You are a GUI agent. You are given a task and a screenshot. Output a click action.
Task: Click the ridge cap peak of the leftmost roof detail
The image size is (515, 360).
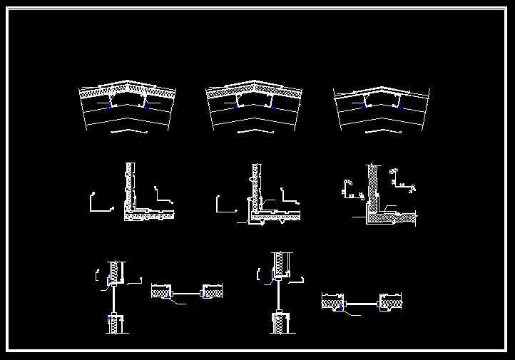tap(127, 82)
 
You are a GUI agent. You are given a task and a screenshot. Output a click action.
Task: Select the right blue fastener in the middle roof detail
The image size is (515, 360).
tap(272, 106)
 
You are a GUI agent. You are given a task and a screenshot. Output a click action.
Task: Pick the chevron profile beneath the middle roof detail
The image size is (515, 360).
tap(256, 130)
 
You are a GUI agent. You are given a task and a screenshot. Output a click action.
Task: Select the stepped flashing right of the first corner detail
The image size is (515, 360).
tap(163, 195)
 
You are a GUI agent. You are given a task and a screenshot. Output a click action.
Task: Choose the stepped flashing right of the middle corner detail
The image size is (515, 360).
tap(290, 195)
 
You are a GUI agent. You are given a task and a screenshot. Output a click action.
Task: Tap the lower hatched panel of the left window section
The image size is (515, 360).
tap(114, 324)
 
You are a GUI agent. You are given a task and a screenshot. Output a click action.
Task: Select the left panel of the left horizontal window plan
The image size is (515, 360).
tap(161, 292)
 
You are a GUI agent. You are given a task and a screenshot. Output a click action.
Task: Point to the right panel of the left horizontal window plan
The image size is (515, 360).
tap(213, 292)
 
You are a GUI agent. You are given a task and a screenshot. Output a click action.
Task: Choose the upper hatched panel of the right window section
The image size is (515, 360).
tap(280, 264)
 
